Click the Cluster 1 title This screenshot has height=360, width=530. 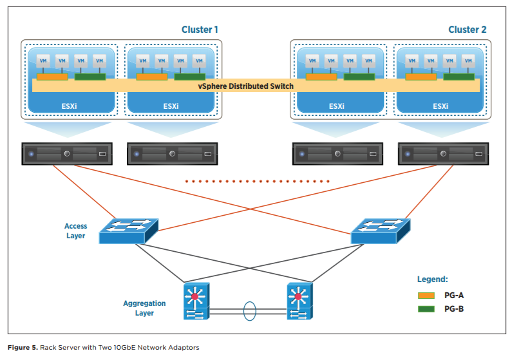pyautogui.click(x=200, y=30)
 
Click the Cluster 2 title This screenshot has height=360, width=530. pyautogui.click(x=467, y=30)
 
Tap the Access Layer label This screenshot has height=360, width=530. pyautogui.click(x=75, y=231)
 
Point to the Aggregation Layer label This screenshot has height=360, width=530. pyautogui.click(x=144, y=308)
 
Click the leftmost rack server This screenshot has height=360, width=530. pyautogui.click(x=67, y=155)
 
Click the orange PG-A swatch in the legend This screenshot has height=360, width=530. pyautogui.click(x=426, y=295)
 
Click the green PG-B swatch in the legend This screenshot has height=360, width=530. pyautogui.click(x=426, y=309)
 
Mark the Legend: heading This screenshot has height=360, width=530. pyautogui.click(x=432, y=279)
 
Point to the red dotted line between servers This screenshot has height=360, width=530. pyautogui.click(x=257, y=182)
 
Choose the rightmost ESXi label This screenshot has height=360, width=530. pyautogui.click(x=440, y=106)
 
